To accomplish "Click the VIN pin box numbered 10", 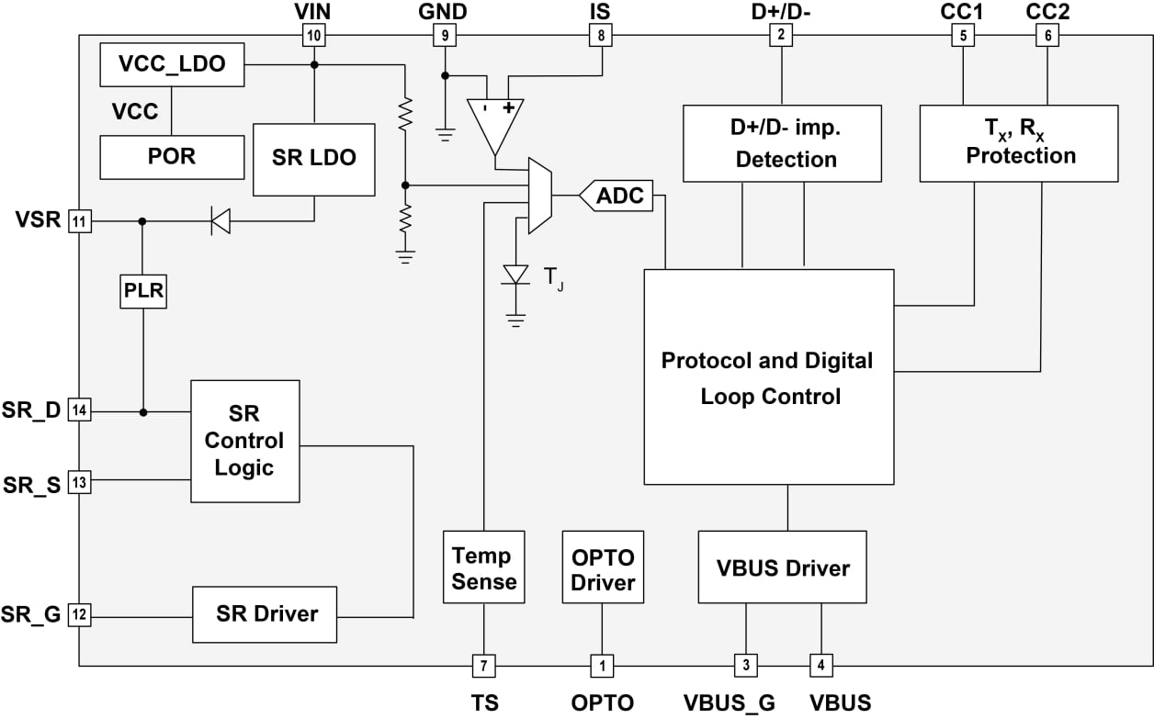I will pyautogui.click(x=314, y=36).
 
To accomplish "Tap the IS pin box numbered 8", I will pyautogui.click(x=601, y=36).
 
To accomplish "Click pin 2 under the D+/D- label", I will pyautogui.click(x=781, y=36).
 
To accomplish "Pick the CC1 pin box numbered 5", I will pyautogui.click(x=962, y=36).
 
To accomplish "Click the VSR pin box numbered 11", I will pyautogui.click(x=81, y=221).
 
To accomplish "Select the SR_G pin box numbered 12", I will pyautogui.click(x=81, y=614).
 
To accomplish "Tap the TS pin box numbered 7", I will pyautogui.click(x=483, y=664).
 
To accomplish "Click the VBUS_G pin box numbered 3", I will pyautogui.click(x=745, y=664).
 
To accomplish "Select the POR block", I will pyautogui.click(x=172, y=157).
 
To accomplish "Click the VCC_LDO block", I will pyautogui.click(x=172, y=65).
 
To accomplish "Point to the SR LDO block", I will pyautogui.click(x=314, y=158).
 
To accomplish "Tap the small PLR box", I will pyautogui.click(x=143, y=291).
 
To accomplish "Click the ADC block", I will pyautogui.click(x=617, y=196).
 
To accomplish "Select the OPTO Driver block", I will pyautogui.click(x=603, y=567).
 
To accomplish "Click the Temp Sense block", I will pyautogui.click(x=483, y=567).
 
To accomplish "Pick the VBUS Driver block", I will pyautogui.click(x=782, y=567).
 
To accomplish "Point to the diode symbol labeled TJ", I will pyautogui.click(x=516, y=275).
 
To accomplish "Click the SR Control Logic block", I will pyautogui.click(x=245, y=441).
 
